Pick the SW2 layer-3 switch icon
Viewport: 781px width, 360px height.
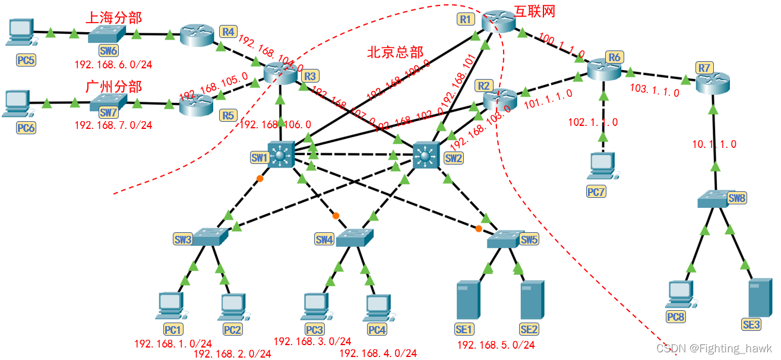[425, 156]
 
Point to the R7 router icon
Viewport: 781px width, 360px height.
[712, 83]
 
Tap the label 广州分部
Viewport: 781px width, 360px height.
[114, 87]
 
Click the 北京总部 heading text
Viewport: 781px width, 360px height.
[395, 52]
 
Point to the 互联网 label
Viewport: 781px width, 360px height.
[535, 12]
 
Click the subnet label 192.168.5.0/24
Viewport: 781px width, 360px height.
[495, 345]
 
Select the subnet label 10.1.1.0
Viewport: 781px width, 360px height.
[714, 144]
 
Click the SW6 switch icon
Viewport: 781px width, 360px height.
[106, 34]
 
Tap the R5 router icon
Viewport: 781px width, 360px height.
[197, 105]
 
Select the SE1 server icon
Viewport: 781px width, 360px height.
[467, 301]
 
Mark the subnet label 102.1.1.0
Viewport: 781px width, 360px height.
[593, 122]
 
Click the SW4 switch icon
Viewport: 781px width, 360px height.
[353, 238]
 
